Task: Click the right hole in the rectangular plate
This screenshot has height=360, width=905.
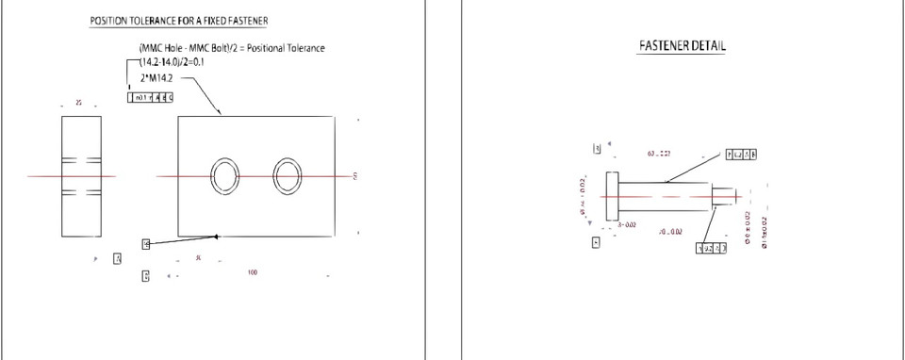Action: pos(288,176)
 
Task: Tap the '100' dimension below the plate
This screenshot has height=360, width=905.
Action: pos(252,273)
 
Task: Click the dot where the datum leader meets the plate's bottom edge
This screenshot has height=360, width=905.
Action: pos(216,236)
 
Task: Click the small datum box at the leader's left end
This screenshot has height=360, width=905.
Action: pos(146,244)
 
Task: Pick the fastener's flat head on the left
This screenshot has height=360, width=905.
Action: pos(611,197)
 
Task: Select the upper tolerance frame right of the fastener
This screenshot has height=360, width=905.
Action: pos(744,154)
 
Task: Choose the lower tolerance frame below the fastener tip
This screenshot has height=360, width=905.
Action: pos(712,248)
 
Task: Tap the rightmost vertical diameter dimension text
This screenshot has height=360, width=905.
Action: pos(764,232)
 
